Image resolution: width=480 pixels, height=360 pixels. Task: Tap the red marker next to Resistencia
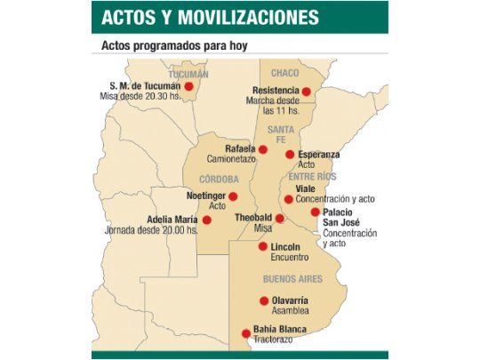[307, 91]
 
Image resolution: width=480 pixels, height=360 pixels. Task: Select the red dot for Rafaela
[262, 149]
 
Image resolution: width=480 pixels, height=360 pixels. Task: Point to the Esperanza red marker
[290, 155]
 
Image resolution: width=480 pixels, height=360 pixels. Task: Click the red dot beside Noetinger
[233, 196]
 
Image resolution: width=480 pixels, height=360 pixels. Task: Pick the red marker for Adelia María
[207, 220]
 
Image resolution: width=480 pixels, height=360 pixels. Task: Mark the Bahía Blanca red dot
[246, 333]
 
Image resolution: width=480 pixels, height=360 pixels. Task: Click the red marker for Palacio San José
[316, 212]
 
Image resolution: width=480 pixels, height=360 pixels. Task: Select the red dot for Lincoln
[262, 246]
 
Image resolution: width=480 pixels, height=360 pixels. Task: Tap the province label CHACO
[284, 72]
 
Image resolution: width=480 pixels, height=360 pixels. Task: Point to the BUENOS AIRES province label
[292, 278]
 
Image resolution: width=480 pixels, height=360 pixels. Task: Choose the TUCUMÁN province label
[188, 74]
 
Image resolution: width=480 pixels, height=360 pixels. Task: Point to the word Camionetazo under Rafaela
[231, 159]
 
